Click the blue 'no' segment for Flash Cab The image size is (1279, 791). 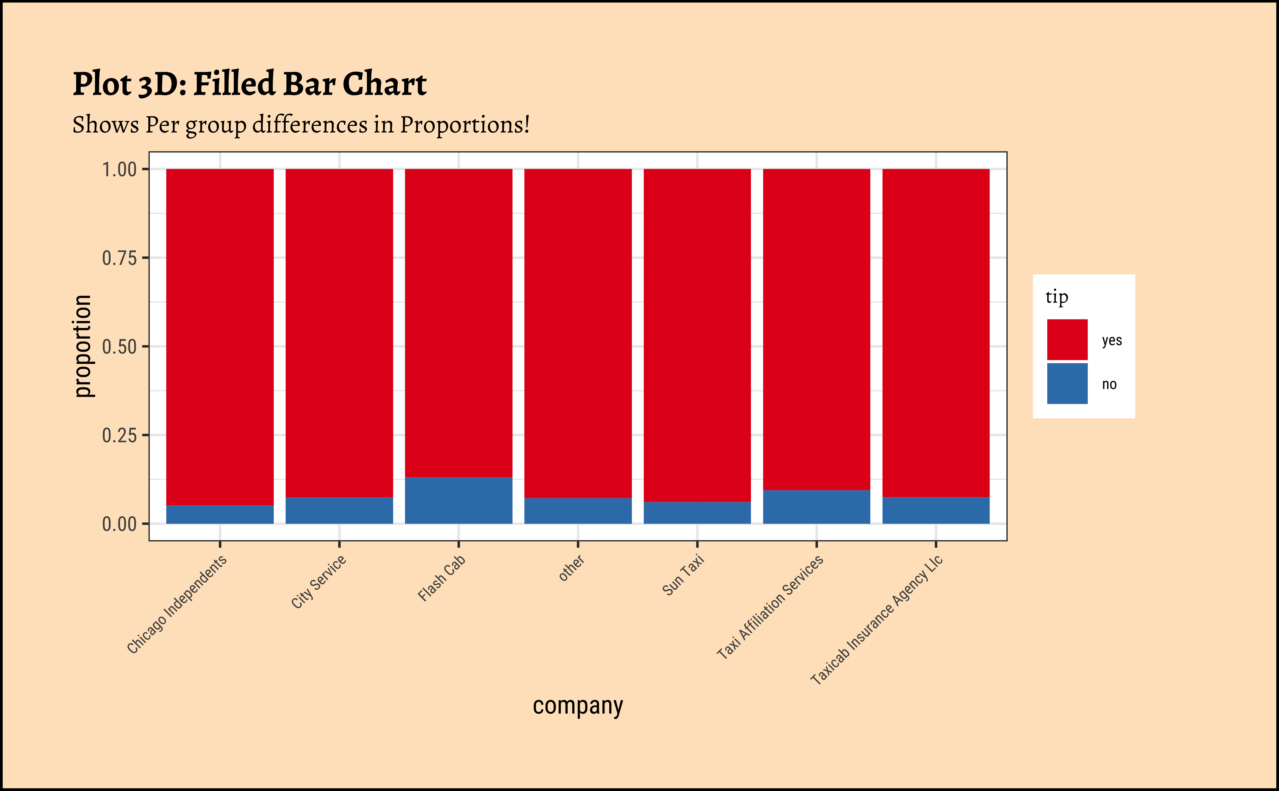click(458, 500)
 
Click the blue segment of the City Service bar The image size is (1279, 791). click(339, 511)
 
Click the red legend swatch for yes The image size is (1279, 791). click(1067, 340)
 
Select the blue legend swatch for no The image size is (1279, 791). click(1067, 383)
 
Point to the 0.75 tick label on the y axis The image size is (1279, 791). click(119, 258)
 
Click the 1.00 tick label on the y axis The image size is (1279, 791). click(119, 169)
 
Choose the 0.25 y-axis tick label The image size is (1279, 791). click(119, 435)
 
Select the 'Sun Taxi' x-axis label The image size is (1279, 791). click(683, 575)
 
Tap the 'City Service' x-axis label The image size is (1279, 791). click(318, 581)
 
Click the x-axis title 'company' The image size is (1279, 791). click(578, 706)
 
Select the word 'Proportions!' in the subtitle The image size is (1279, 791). click(465, 125)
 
